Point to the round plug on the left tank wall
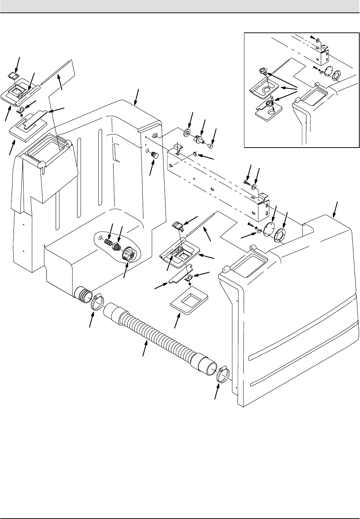click(x=154, y=155)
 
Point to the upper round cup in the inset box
click(x=263, y=71)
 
